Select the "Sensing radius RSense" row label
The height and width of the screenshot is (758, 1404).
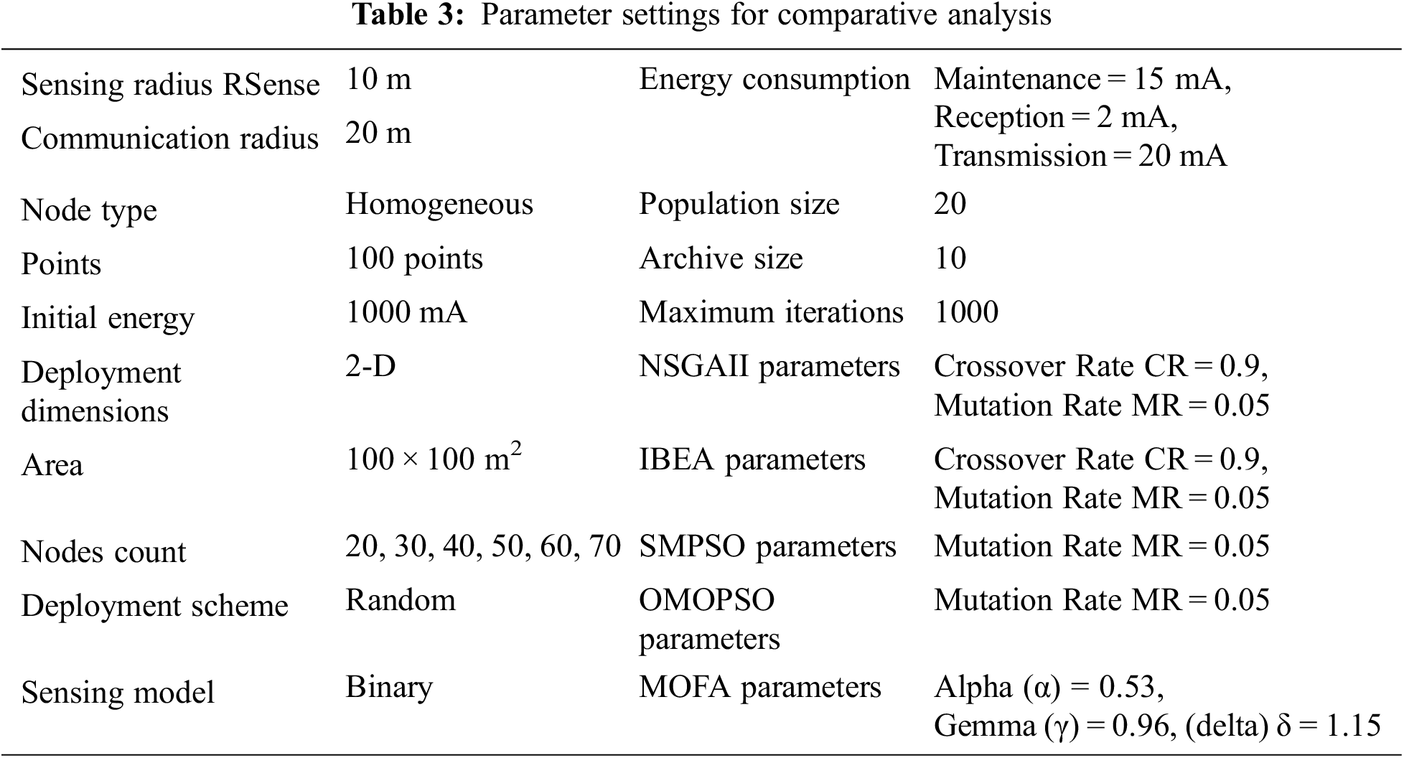(170, 85)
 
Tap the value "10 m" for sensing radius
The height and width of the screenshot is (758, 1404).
(378, 79)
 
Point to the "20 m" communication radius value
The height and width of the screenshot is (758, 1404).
(378, 133)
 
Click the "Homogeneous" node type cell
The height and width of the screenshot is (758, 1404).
(439, 204)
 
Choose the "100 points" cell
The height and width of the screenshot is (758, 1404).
(414, 258)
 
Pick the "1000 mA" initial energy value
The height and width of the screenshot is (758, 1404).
(406, 312)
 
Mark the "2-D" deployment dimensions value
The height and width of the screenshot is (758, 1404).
(370, 366)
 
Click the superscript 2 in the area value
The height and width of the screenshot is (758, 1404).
(515, 449)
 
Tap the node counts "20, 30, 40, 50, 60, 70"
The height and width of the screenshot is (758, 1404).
(482, 546)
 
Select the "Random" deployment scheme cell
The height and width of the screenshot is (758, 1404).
(400, 600)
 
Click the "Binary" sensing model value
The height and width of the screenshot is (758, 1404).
(389, 687)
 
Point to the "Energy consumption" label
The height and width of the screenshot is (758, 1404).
(774, 79)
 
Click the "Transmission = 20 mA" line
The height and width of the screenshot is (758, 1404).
(1080, 156)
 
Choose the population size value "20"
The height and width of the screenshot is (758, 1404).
(950, 204)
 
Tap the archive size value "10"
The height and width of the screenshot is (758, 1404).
(950, 258)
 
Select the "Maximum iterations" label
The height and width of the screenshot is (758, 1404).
(771, 312)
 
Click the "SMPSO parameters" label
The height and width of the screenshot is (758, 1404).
(767, 547)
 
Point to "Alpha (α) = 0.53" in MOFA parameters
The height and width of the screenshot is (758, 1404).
(1049, 688)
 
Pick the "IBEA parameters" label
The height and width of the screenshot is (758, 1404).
(752, 460)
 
